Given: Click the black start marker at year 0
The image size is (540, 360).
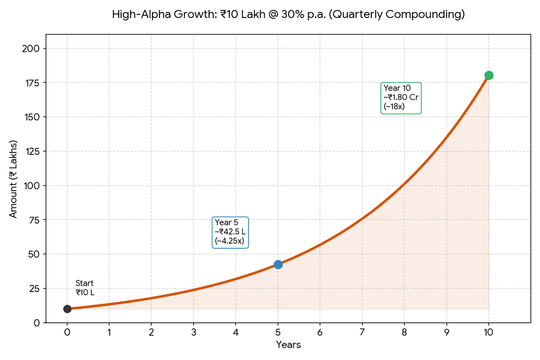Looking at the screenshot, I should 67,309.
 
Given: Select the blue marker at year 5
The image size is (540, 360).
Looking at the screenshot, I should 278,264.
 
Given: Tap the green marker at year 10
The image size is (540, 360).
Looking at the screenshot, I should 489,75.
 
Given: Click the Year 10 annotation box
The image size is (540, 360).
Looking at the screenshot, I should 401,98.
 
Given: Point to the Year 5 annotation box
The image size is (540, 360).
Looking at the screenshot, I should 230,232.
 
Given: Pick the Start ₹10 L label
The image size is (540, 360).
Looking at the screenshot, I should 85,288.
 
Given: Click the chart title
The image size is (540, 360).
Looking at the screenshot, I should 288,15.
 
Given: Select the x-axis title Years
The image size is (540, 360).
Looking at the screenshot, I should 288,345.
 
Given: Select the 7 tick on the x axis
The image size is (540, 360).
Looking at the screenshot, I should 362,333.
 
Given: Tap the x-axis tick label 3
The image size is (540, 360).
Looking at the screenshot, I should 193,333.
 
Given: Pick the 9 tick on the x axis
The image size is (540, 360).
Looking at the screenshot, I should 446,333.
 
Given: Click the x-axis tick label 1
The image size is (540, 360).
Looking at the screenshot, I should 109,333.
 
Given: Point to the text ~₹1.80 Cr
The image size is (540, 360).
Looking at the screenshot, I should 401,98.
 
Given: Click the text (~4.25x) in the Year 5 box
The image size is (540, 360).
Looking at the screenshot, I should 229,241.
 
